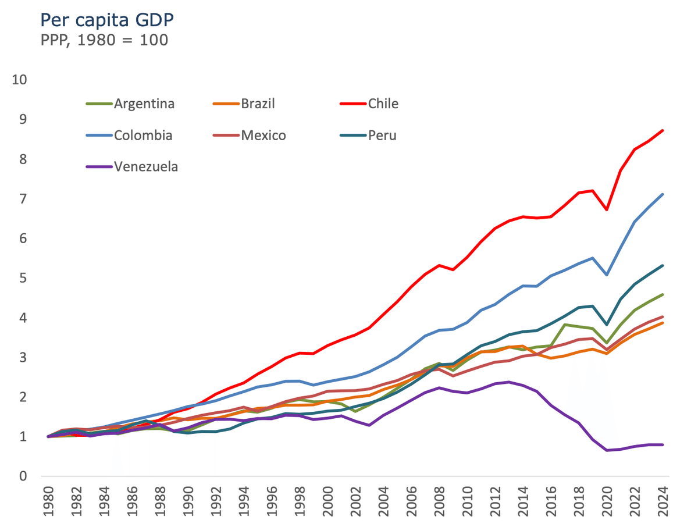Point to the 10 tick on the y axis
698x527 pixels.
tap(19, 80)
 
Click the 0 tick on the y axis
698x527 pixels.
tap(23, 476)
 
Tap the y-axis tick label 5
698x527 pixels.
tap(23, 278)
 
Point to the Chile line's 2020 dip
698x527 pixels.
tap(607, 209)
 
